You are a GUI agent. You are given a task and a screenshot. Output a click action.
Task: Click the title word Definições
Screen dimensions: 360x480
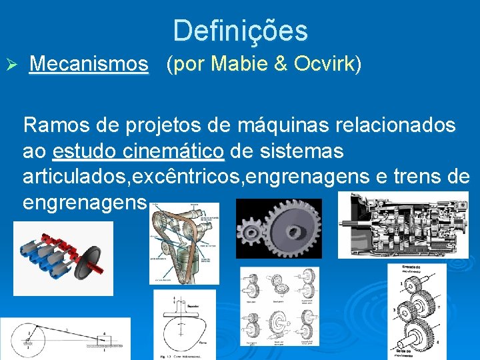(241, 31)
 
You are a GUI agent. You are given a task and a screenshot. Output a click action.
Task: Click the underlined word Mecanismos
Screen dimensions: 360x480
(89, 64)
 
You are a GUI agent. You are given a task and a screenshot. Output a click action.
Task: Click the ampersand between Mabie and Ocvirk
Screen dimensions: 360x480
(281, 64)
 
